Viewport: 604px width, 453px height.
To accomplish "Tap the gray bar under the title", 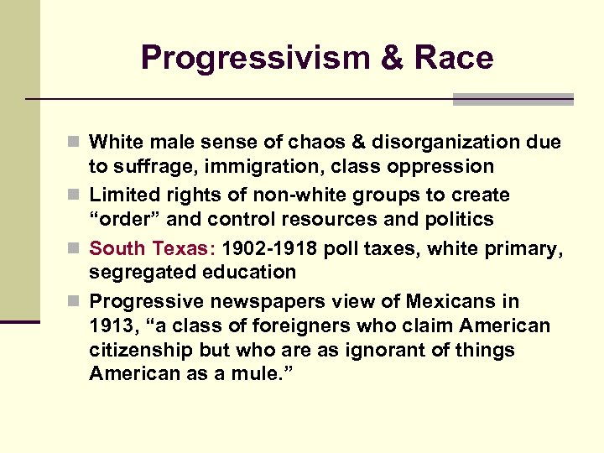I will pyautogui.click(x=513, y=100).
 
